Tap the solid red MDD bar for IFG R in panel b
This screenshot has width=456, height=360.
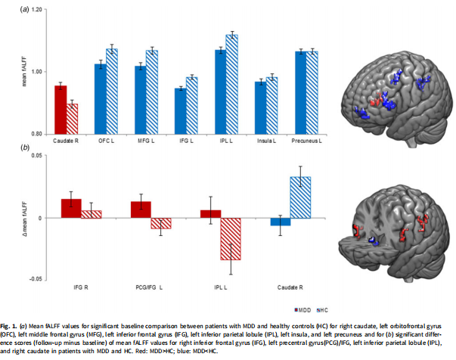(71, 208)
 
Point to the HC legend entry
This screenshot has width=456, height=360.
(319, 310)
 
